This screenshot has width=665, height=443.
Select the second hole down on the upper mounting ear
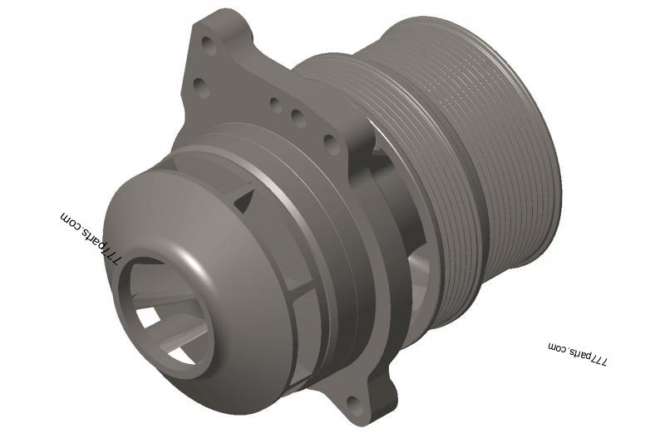[x=199, y=87]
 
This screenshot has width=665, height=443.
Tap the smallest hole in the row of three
[x=274, y=104]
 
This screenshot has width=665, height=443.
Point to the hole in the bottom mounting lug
[x=356, y=403]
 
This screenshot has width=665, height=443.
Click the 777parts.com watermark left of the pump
[x=91, y=236]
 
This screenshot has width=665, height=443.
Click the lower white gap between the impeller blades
[x=181, y=354]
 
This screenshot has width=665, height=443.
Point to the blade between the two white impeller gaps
[x=162, y=337]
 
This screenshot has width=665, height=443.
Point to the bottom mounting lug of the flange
[x=366, y=399]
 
